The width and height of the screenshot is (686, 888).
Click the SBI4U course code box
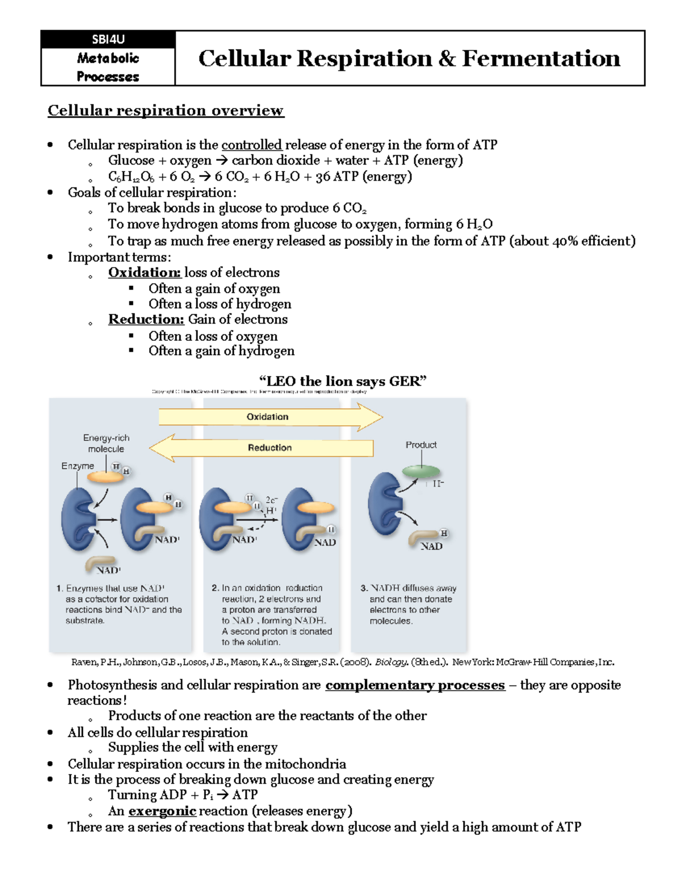click(108, 39)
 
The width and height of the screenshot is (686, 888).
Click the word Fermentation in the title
click(541, 58)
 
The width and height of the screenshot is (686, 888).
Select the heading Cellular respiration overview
click(165, 110)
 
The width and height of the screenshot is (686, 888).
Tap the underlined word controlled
click(252, 145)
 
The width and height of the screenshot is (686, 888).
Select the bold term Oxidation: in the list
click(145, 273)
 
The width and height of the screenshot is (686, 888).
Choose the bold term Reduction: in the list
click(146, 320)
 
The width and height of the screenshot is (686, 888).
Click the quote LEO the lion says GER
click(343, 381)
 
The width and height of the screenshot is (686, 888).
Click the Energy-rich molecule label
click(106, 443)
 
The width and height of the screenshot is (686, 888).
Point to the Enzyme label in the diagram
click(78, 466)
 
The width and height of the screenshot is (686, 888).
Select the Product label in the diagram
click(421, 445)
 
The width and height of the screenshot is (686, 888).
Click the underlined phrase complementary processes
click(415, 685)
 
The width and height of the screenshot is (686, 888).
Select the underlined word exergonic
click(162, 811)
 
